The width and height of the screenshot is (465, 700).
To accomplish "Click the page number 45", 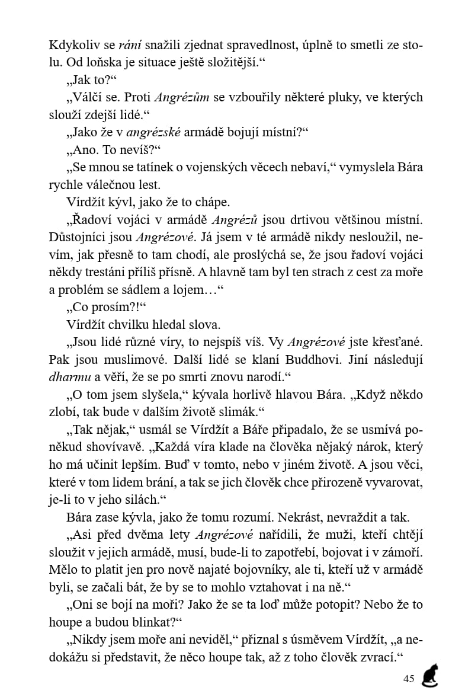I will pyautogui.click(x=408, y=679).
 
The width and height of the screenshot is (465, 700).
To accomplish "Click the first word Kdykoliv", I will pyautogui.click(x=69, y=45).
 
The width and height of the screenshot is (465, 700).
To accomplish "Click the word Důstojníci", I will pyautogui.click(x=79, y=237).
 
